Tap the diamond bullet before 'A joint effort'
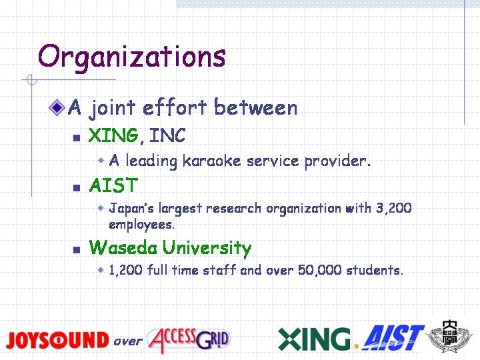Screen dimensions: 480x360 coord(57,108)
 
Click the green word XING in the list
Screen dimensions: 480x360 coord(113,135)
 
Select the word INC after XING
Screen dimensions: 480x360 coord(167,135)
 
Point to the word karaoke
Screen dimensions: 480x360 coord(211,161)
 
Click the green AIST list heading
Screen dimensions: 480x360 coord(113,185)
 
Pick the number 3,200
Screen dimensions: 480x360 coord(394,209)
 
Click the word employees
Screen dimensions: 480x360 coord(142,225)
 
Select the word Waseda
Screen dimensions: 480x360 coord(123,247)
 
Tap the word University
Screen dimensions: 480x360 coord(207,248)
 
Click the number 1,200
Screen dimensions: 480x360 coord(126,270)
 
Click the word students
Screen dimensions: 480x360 coord(375,270)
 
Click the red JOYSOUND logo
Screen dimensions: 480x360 coord(57,340)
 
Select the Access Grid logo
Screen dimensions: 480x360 coord(189,340)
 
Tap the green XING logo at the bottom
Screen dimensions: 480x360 coord(315,339)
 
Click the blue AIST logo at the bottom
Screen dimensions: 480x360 coord(394,338)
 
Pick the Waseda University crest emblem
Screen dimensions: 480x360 coord(450,337)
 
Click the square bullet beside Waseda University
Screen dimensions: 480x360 coord(77,250)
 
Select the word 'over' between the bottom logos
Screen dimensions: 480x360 coord(128,341)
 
